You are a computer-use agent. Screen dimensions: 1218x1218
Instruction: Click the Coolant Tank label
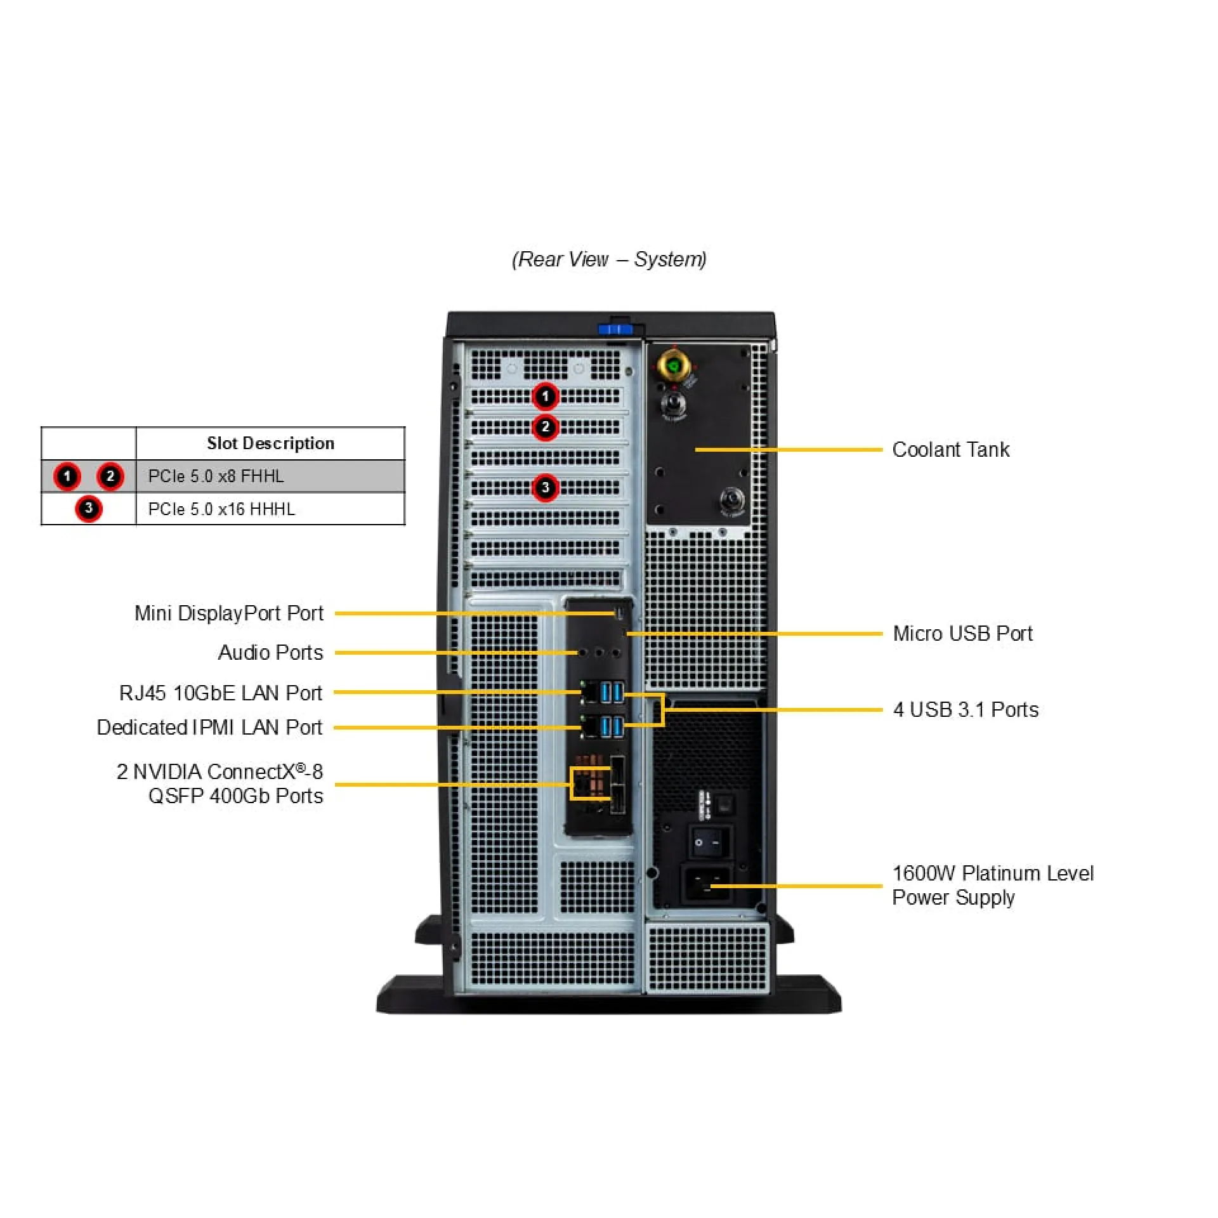point(950,450)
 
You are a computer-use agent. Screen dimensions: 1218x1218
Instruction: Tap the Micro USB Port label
point(962,633)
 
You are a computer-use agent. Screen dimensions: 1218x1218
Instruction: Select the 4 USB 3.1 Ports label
point(965,709)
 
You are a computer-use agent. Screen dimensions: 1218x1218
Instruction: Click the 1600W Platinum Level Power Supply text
point(992,885)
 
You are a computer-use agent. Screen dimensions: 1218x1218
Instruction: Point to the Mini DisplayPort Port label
point(228,613)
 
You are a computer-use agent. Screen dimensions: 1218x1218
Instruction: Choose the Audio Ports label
point(270,652)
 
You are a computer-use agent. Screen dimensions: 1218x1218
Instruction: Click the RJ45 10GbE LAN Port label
point(220,693)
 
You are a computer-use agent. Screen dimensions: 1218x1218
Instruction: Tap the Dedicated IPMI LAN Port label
point(209,727)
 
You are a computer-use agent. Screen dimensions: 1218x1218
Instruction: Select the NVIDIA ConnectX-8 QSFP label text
point(220,783)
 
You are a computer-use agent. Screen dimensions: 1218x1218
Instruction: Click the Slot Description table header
point(270,443)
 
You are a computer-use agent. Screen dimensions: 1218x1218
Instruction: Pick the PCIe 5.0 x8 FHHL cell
point(216,476)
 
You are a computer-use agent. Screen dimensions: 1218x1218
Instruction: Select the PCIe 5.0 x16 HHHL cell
point(221,509)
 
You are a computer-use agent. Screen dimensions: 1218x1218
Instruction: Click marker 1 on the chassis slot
point(545,396)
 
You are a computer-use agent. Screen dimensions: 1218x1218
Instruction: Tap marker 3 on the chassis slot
point(545,488)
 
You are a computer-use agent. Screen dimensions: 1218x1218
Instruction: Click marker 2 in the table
point(110,476)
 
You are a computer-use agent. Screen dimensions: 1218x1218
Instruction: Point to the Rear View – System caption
point(609,259)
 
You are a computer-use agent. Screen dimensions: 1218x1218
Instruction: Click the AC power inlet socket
point(706,883)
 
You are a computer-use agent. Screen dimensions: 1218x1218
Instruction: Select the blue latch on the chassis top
point(615,329)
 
